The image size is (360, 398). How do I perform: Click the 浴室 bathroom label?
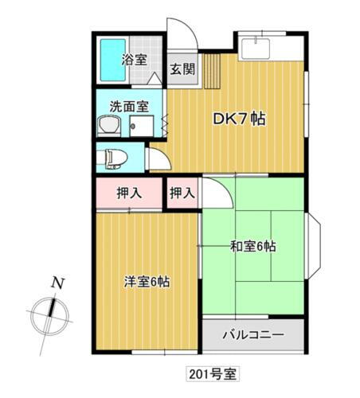coord(134,59)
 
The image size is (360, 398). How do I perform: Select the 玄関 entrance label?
coord(181,69)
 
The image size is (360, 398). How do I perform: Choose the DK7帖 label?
coord(238,120)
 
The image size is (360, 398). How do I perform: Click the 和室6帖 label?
coord(254,246)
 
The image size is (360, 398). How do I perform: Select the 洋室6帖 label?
coord(147,281)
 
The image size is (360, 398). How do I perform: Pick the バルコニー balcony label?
coord(252,334)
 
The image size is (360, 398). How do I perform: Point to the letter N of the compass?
coord(57,282)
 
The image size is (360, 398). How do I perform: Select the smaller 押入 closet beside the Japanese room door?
coord(182,192)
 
